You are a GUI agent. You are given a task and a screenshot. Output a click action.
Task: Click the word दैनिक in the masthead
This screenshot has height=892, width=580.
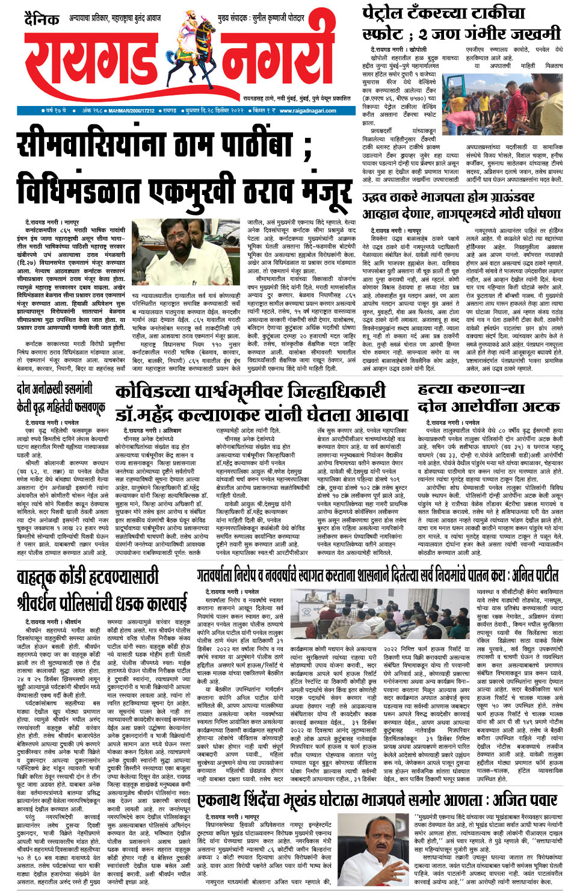click(42, 20)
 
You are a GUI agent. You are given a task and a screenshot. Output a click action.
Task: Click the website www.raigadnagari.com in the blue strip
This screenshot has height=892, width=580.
click(307, 111)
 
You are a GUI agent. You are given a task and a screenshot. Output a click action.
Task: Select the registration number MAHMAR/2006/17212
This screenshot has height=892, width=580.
click(132, 111)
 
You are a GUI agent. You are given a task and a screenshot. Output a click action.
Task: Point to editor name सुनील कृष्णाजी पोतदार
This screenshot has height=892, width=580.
click(278, 19)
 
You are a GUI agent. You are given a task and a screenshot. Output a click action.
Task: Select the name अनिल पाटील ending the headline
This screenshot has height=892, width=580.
click(534, 575)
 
